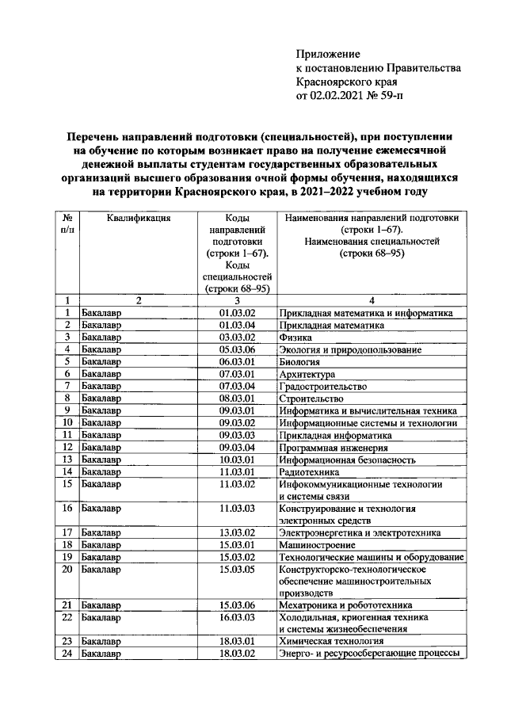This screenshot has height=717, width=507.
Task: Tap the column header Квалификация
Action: coord(139,219)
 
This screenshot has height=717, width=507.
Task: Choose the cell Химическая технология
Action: coord(332,641)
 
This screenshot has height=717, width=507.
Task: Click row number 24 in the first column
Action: coord(67,654)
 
